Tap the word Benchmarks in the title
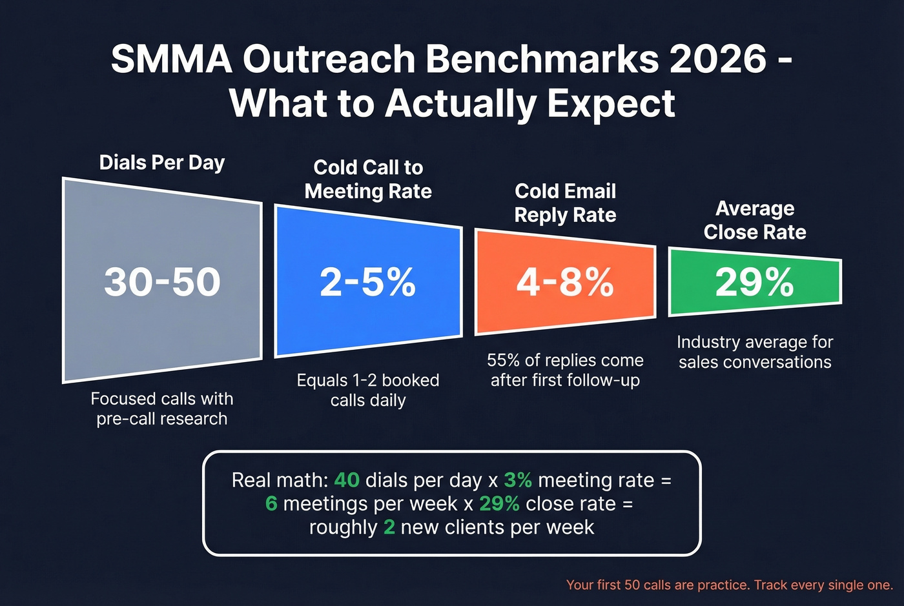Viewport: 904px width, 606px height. [542, 59]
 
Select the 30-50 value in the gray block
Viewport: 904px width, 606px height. [162, 282]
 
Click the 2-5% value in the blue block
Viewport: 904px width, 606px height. [368, 282]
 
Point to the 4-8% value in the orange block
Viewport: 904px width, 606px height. [565, 282]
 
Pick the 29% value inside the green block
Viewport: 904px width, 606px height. [754, 282]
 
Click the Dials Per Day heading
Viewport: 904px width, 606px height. [162, 163]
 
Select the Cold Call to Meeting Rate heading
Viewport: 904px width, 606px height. [368, 179]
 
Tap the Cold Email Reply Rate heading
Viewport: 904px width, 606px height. [565, 203]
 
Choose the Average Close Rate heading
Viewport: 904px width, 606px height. [754, 220]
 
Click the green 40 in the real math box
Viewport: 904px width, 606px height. [347, 480]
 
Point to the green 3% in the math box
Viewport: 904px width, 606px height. [518, 480]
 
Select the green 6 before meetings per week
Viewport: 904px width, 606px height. [271, 503]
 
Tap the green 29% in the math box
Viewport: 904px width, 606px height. [499, 503]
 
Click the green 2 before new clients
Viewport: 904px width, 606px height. [389, 527]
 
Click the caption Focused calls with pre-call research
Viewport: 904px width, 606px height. [162, 409]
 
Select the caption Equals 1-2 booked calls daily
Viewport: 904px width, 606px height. [368, 390]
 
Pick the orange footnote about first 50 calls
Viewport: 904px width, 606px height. [729, 585]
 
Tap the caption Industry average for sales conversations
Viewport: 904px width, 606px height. [754, 352]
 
